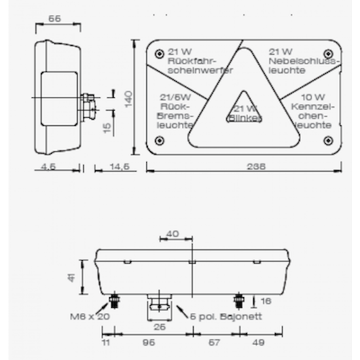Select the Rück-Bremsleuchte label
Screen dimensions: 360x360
[175, 111]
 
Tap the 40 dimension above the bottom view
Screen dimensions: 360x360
[172, 233]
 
